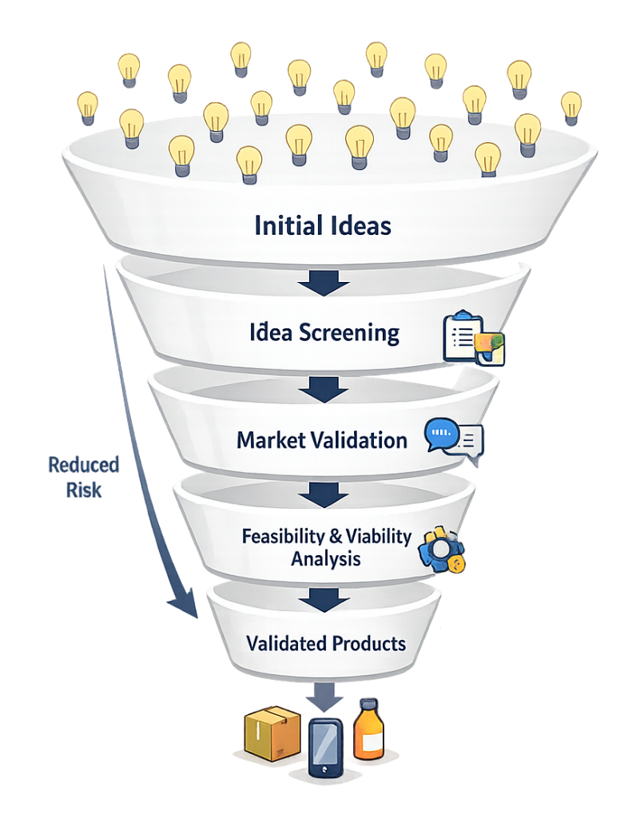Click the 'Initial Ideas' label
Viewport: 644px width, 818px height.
point(323,225)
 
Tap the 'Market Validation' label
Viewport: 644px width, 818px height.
point(322,439)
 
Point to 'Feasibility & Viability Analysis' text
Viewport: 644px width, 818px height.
point(326,546)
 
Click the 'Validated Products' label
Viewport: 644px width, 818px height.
point(326,643)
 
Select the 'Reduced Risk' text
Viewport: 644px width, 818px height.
point(83,477)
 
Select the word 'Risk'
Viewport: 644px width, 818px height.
point(84,489)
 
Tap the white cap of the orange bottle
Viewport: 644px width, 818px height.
point(369,705)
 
